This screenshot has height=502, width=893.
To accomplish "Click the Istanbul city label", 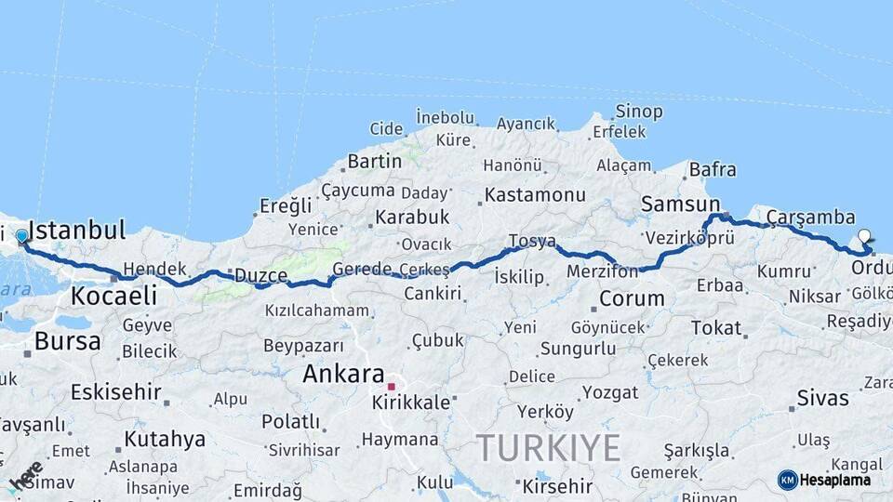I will point(78,231).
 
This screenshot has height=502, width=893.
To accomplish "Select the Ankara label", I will point(343,374).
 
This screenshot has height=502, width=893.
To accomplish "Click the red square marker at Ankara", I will point(392,387).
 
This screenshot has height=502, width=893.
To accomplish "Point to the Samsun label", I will point(680,205).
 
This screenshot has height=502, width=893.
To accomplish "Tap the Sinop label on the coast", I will point(639,112).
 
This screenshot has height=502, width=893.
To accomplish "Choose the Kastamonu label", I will point(535,195).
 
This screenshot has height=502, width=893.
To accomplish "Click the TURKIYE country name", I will point(549,449).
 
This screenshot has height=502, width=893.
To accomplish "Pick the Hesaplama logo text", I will point(834,480).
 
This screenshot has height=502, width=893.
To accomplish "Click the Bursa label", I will point(67,341).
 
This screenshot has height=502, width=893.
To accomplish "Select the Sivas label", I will point(822,399).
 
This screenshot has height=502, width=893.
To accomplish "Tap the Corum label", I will point(632,299).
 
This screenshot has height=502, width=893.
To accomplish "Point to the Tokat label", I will point(716,328).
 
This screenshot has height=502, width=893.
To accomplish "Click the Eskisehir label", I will point(115,391).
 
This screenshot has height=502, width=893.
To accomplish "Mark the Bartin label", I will point(374,161).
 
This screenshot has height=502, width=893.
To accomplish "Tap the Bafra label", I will point(713,170).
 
